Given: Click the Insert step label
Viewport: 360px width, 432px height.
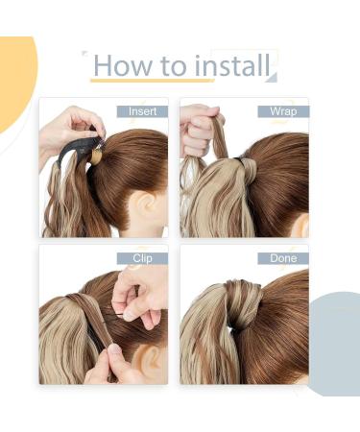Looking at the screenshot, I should (142, 111).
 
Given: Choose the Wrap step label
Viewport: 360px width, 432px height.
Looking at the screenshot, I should (282, 111).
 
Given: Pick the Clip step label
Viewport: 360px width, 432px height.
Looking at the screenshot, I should (142, 258).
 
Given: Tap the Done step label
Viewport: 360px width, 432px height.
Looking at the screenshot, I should (282, 258).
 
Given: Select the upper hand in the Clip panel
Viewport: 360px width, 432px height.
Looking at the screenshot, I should (141, 293).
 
